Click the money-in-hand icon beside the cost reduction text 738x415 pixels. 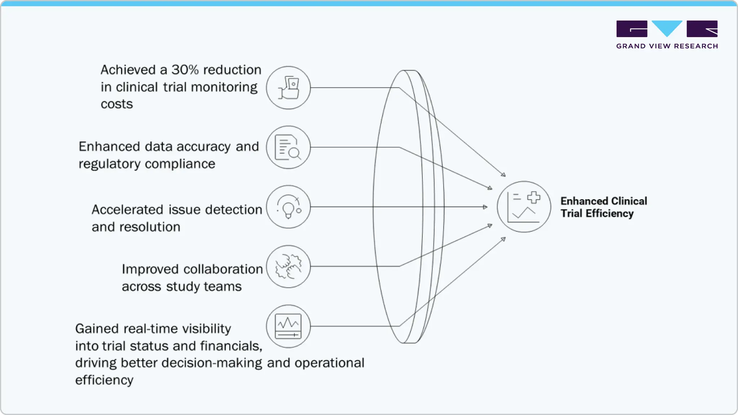[288, 88]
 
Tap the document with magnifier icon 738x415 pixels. [288, 147]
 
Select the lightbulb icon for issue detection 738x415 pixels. [288, 207]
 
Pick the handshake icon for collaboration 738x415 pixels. [288, 267]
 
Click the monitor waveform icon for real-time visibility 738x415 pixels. [288, 326]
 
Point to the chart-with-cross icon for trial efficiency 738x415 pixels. [524, 207]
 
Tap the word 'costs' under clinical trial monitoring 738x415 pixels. [117, 104]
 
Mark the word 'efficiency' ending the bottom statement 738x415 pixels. [104, 380]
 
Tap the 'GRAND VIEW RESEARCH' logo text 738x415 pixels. [667, 46]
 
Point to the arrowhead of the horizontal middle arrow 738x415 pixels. [485, 207]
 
